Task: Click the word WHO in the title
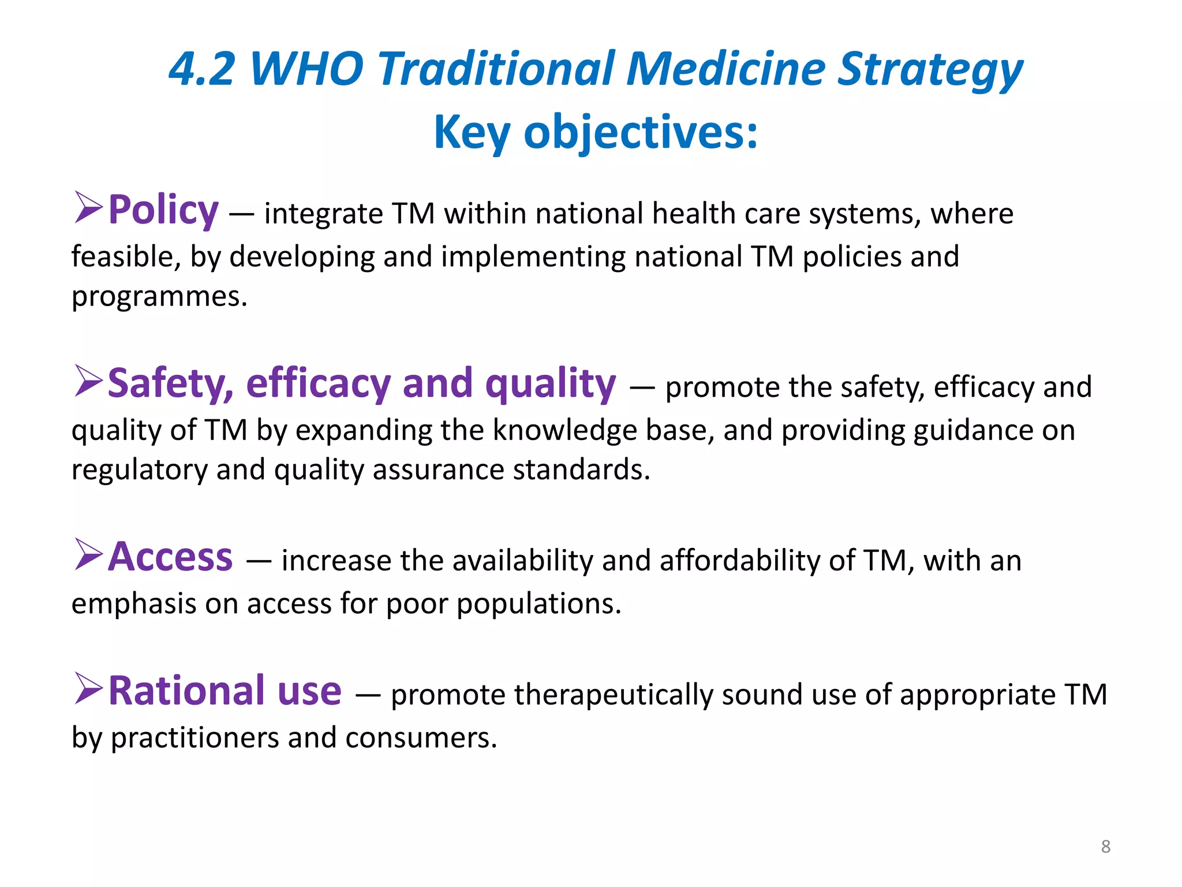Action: (306, 69)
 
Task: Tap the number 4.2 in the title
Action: (201, 69)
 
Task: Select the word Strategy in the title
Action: (929, 70)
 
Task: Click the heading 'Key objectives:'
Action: (596, 133)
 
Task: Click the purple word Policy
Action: (163, 210)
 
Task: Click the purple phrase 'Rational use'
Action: (225, 691)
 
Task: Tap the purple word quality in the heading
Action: (551, 385)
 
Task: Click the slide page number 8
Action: (1105, 847)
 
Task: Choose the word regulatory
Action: (139, 470)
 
